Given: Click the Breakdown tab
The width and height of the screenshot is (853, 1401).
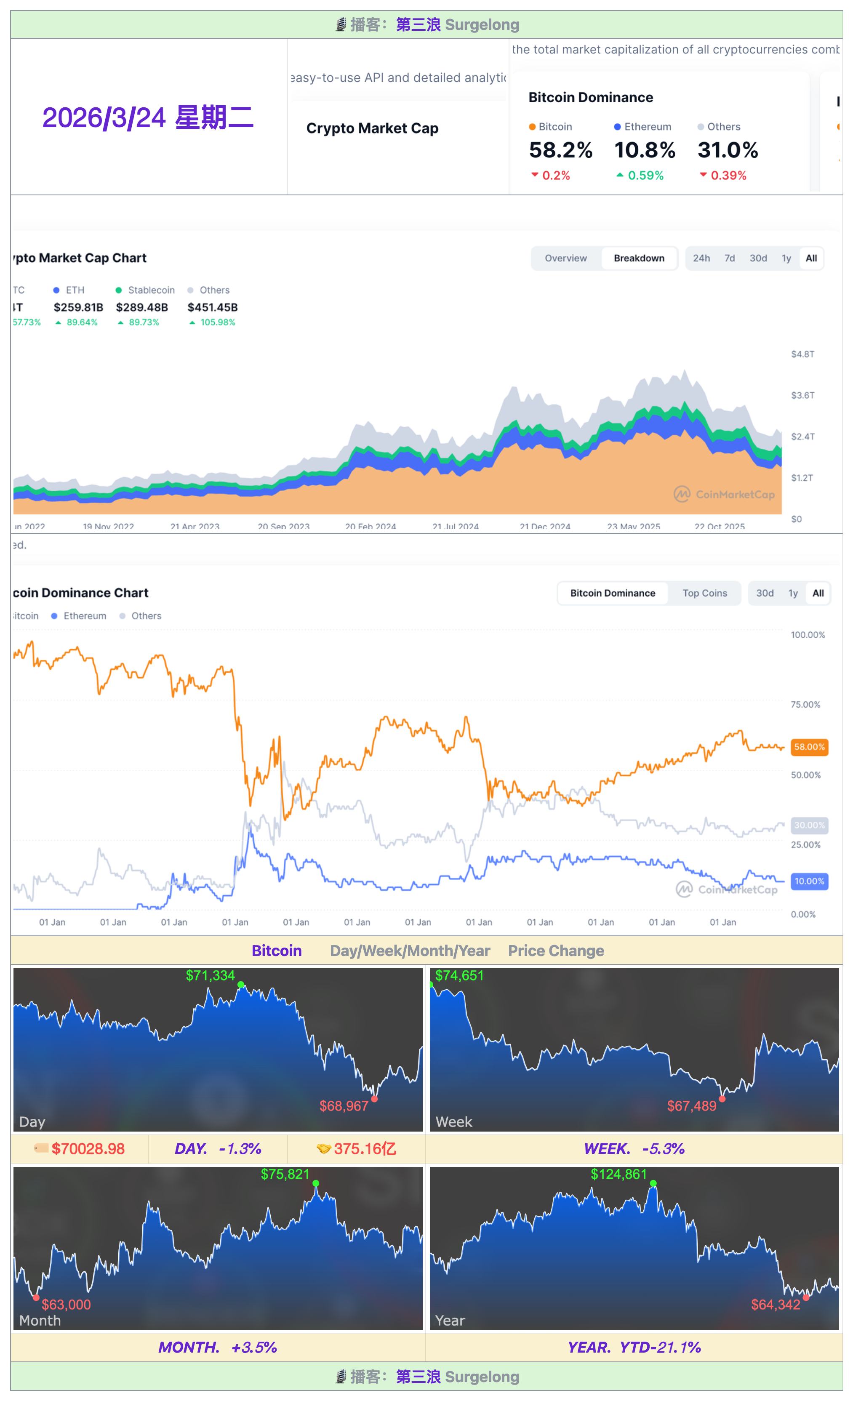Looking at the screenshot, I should (639, 258).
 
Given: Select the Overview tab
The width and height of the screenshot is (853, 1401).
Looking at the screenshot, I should (565, 258).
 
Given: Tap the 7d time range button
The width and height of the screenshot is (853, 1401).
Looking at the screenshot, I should (729, 258).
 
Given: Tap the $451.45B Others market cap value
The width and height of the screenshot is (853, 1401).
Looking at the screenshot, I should (213, 307).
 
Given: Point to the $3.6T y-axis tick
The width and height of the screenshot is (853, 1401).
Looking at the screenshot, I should (802, 395).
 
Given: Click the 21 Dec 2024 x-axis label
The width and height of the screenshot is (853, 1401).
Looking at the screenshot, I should (545, 526).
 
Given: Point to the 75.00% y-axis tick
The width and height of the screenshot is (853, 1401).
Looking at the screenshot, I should (805, 704).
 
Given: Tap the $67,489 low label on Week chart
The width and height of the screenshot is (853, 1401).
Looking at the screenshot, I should (691, 1106).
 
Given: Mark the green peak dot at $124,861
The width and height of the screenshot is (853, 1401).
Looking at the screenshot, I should (653, 1183).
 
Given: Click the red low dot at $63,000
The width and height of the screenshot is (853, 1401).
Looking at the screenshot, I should (36, 1297).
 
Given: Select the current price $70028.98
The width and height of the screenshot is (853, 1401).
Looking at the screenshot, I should (88, 1148).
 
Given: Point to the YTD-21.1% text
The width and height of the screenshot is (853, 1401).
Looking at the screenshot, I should (660, 1347).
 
